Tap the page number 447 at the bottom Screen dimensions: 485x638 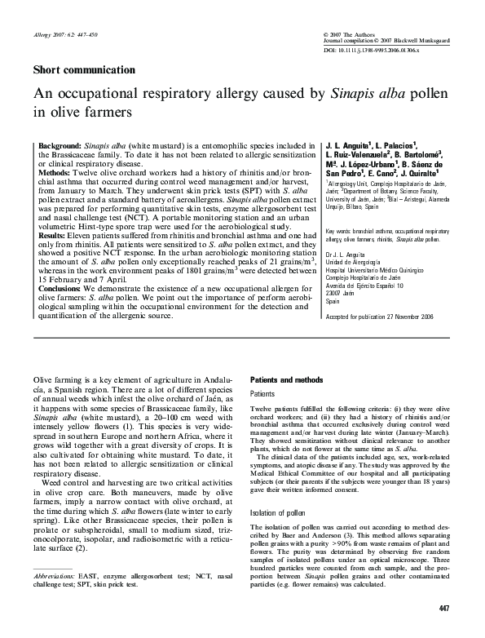[x=443, y=609]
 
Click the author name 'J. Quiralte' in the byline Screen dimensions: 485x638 [x=418, y=173]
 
